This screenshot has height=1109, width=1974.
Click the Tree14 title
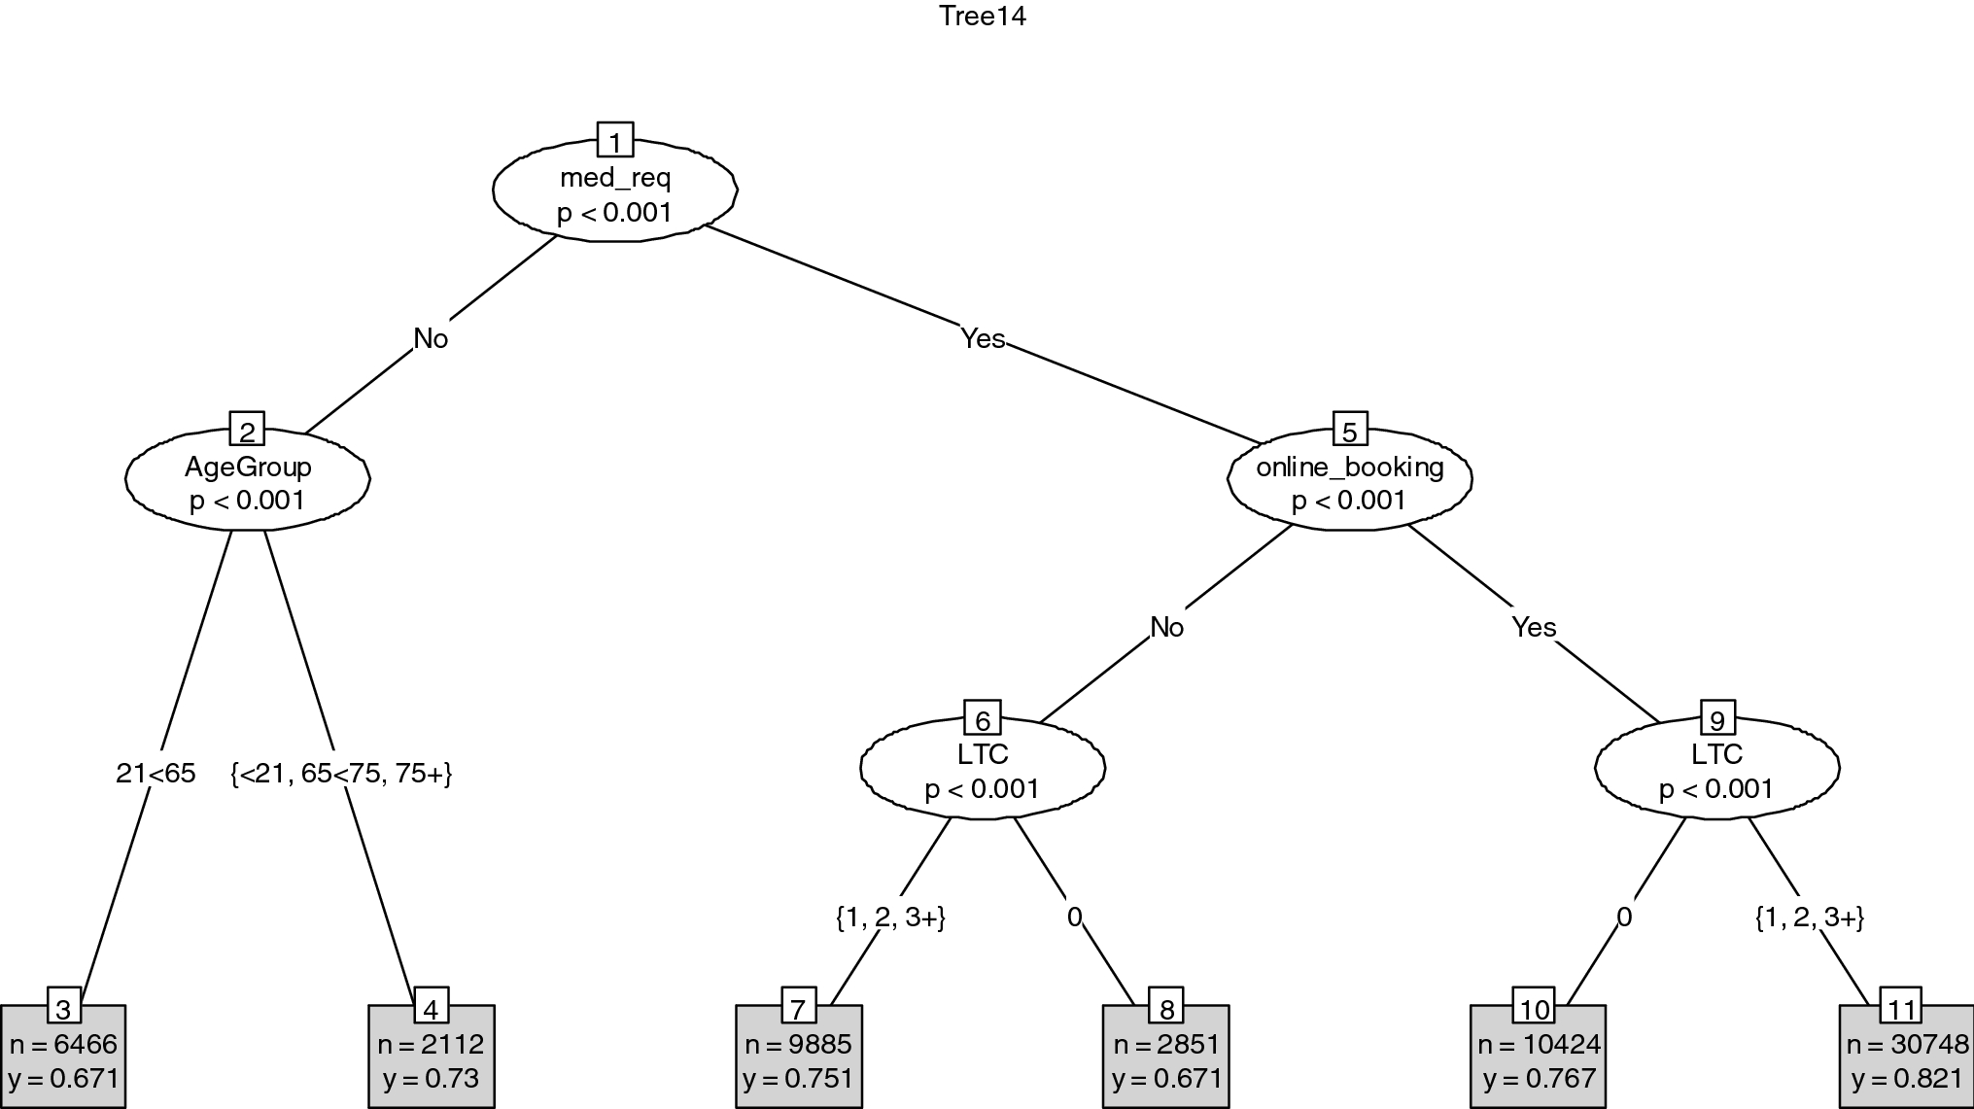(x=983, y=17)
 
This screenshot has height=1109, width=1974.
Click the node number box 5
(x=1349, y=430)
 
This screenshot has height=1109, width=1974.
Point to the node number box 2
(x=247, y=430)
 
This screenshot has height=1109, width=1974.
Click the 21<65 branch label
(x=156, y=774)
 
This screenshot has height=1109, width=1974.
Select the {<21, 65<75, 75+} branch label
(x=341, y=774)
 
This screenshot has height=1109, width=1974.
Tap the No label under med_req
(x=431, y=338)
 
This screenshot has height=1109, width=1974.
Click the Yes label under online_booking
(x=1534, y=627)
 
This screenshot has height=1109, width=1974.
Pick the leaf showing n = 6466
(x=63, y=1059)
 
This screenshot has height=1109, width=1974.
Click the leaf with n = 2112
(x=431, y=1059)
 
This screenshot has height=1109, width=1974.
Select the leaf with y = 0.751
(x=798, y=1059)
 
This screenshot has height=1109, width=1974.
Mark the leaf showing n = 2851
(x=1165, y=1059)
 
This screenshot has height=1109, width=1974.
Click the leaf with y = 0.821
(x=1906, y=1059)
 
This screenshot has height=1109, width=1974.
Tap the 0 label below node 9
(x=1624, y=917)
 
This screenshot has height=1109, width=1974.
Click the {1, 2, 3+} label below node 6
(x=890, y=917)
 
